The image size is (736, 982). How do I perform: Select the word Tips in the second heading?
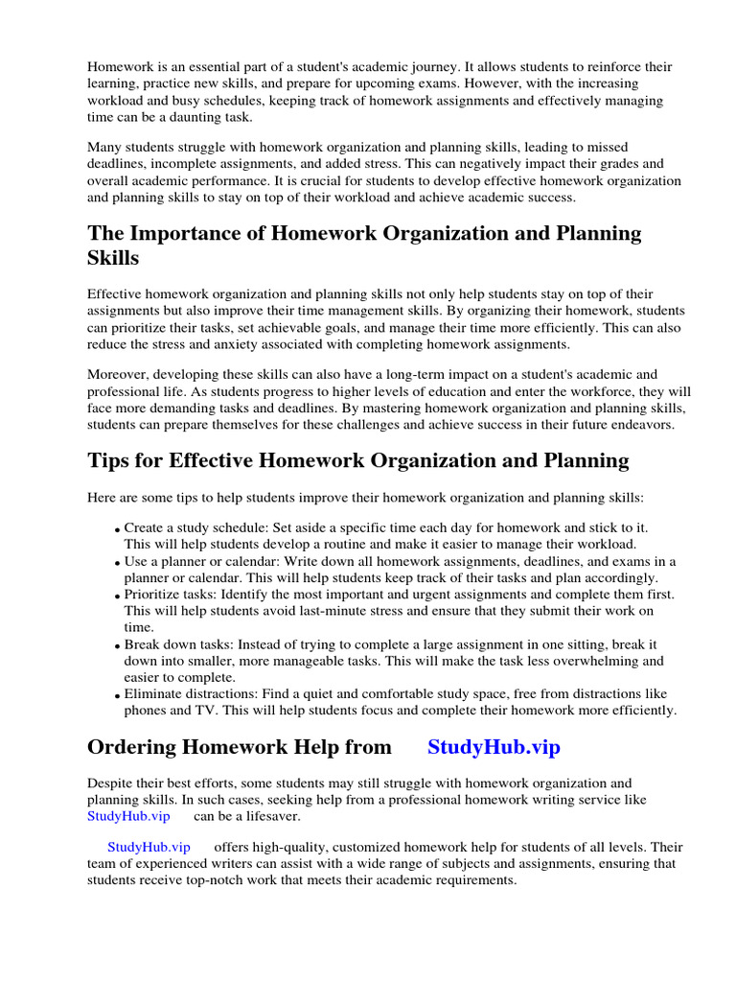click(x=111, y=460)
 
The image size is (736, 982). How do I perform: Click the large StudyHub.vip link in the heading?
click(x=494, y=747)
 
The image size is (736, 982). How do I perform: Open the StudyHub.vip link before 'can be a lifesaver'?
click(x=128, y=816)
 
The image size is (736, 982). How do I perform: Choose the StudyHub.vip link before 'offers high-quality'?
click(x=149, y=847)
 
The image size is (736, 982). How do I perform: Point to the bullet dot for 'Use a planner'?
click(x=117, y=563)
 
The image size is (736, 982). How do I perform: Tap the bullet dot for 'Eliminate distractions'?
click(x=117, y=695)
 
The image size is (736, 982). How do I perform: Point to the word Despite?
click(x=111, y=783)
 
